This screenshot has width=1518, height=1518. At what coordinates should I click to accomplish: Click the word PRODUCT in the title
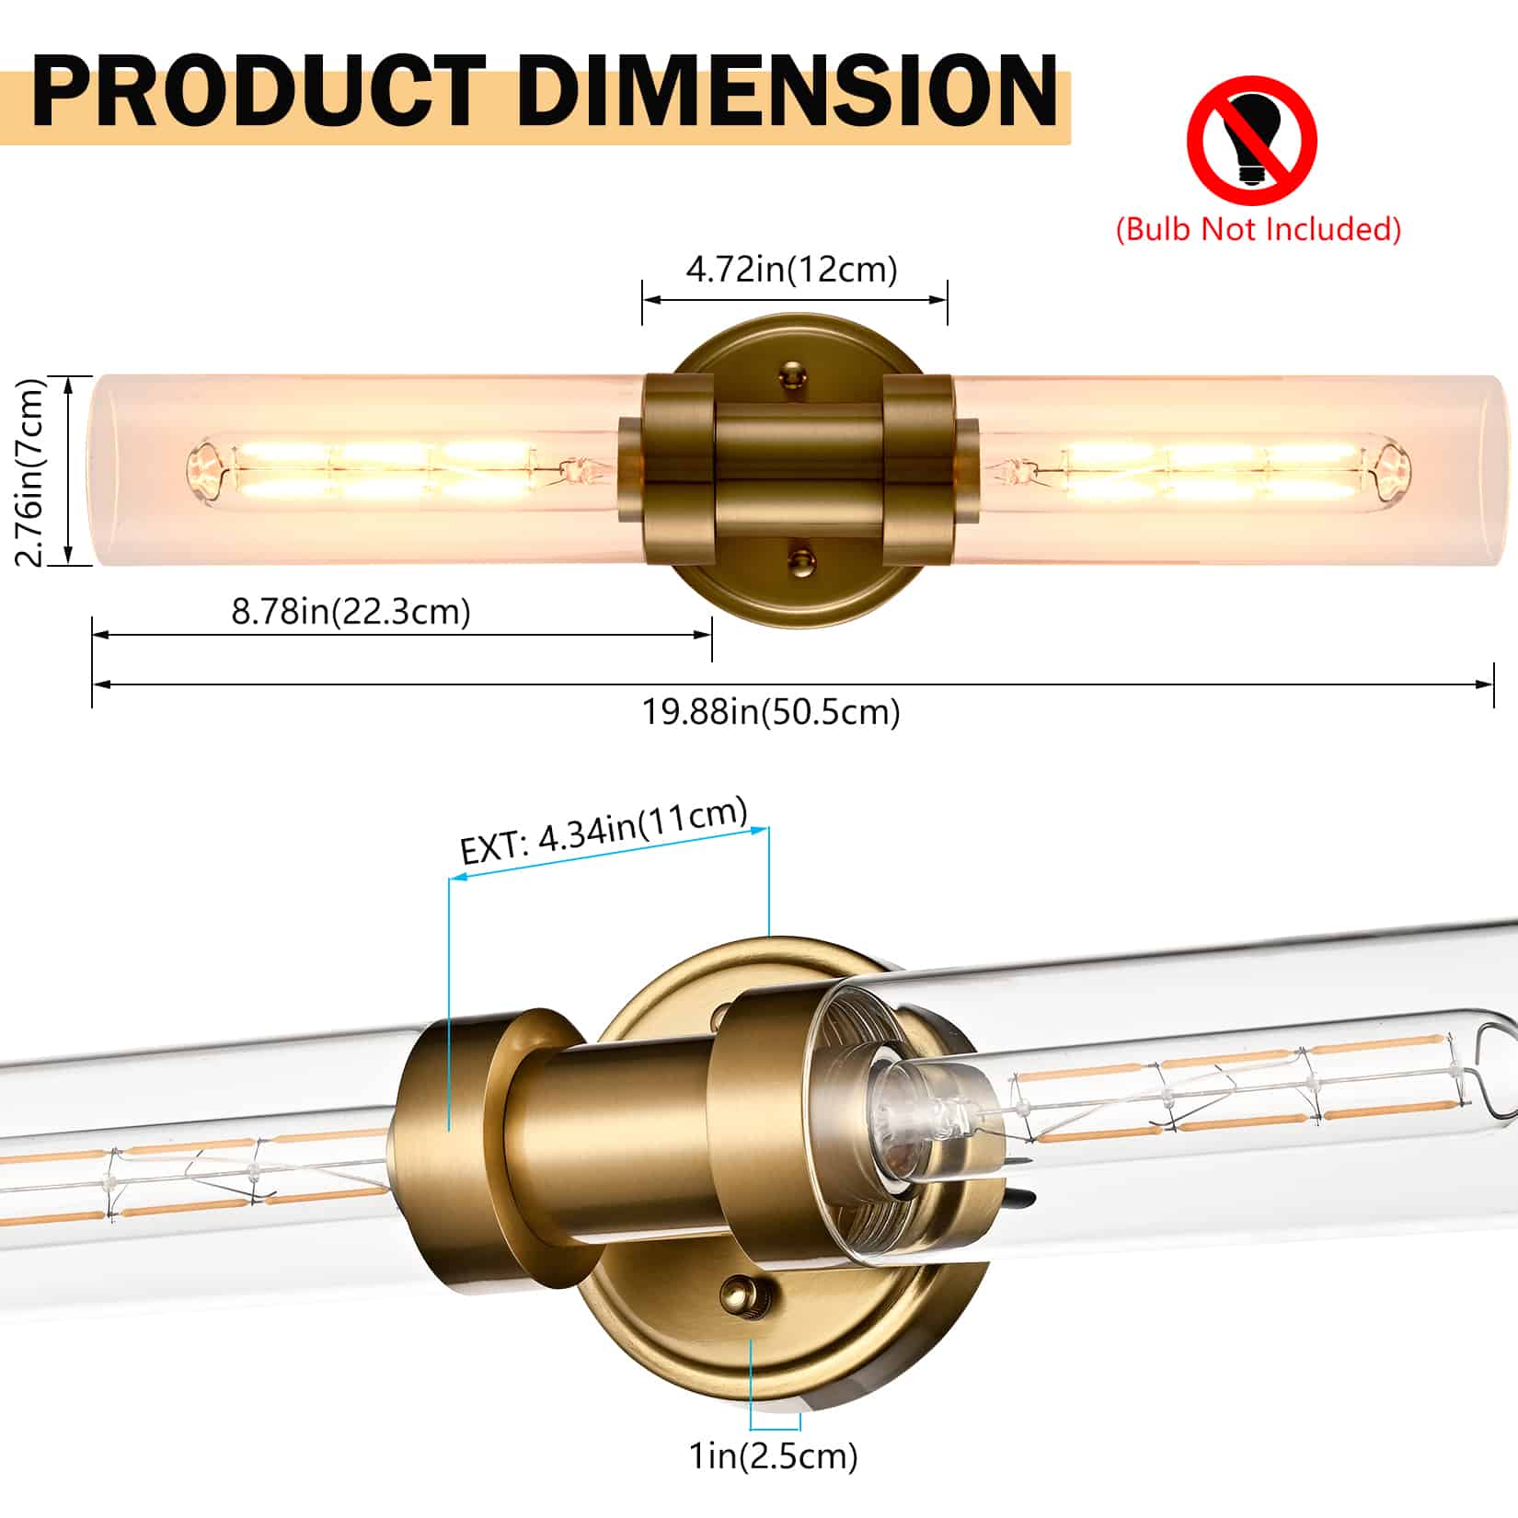258,92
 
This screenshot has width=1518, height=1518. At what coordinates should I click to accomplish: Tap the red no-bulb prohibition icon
1251,141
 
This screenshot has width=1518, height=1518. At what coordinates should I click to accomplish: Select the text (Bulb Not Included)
1258,228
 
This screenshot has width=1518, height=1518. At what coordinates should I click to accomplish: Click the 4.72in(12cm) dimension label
791,270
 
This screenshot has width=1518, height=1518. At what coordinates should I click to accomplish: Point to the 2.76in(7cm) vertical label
32,472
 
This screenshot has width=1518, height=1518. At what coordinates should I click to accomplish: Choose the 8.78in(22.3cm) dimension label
351,611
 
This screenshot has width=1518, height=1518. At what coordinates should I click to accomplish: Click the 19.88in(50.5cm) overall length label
771,711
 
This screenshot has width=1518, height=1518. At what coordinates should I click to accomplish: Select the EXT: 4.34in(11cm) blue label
604,832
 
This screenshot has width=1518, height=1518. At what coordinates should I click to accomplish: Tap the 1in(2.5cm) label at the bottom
773,1455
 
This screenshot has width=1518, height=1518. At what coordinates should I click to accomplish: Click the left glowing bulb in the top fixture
396,472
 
